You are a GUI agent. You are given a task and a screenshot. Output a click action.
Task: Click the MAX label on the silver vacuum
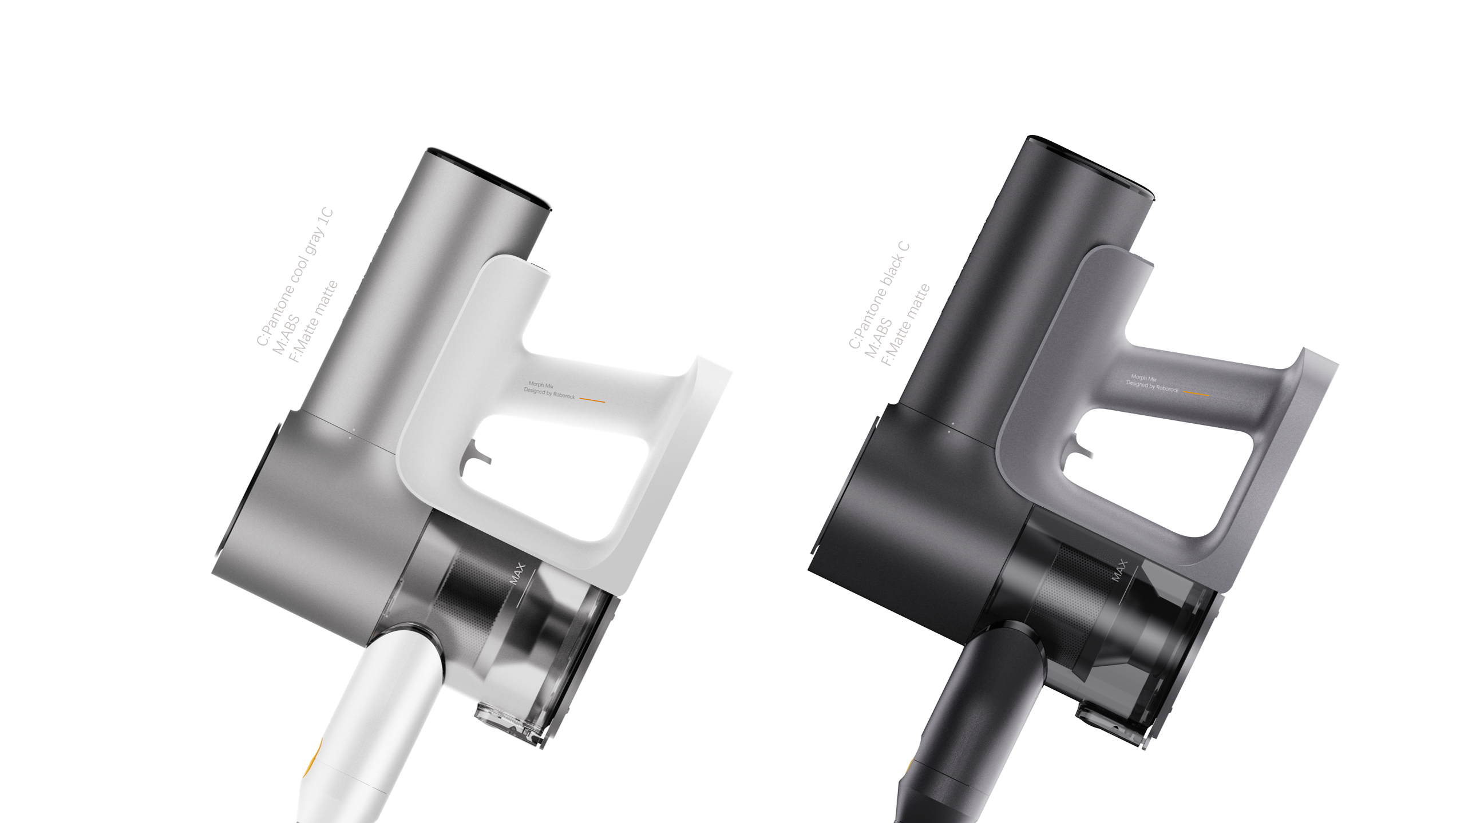click(517, 574)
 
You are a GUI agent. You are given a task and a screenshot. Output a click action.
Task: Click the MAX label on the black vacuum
click(1119, 570)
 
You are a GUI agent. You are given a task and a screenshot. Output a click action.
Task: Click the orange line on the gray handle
click(1196, 393)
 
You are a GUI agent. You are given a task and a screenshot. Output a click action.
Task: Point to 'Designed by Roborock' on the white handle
click(549, 393)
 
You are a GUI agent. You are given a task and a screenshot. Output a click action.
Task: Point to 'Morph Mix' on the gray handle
click(1143, 378)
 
